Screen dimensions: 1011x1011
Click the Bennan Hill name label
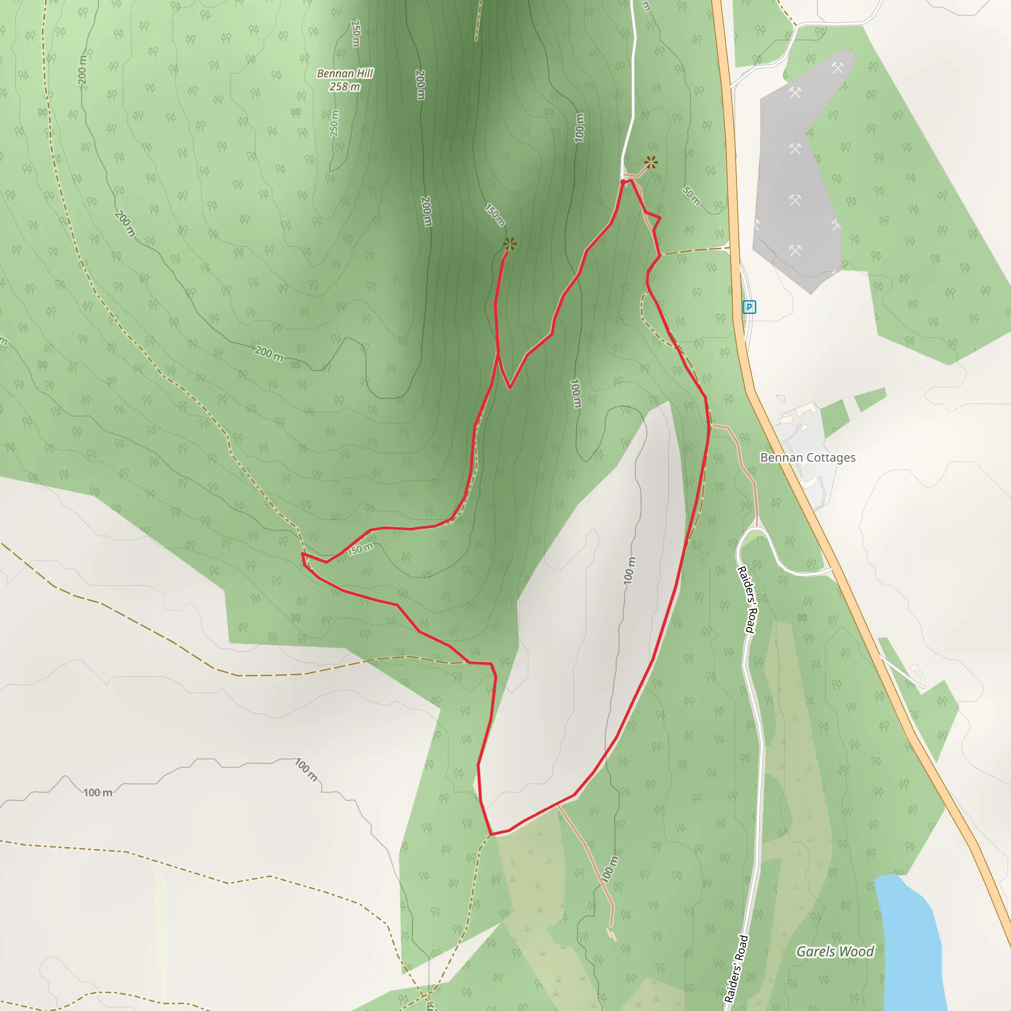(345, 73)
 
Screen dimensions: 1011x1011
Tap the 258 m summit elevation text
(345, 87)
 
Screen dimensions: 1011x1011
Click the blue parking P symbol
(749, 307)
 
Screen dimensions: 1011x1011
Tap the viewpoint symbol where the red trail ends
(509, 244)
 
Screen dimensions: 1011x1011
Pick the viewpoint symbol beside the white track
(651, 163)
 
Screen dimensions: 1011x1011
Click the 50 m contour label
(691, 195)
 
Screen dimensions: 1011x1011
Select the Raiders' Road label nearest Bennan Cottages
(747, 600)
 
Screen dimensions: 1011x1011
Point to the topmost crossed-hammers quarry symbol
(838, 68)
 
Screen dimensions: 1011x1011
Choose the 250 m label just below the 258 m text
(334, 123)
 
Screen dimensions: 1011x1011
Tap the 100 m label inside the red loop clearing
(629, 570)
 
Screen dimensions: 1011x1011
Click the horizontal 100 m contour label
(98, 793)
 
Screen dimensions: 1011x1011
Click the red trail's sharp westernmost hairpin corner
(303, 554)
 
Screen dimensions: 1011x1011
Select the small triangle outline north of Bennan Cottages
(781, 399)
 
